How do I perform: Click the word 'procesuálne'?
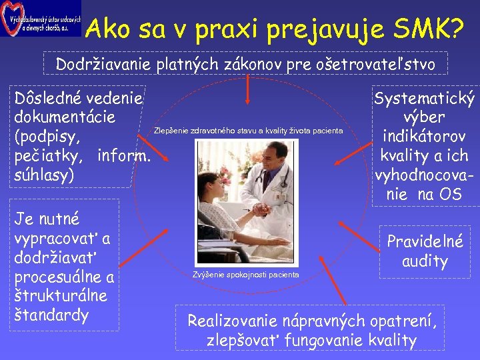point(63,277)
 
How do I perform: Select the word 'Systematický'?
point(425,99)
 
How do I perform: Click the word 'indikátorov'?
point(425,137)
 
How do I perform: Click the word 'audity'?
point(425,261)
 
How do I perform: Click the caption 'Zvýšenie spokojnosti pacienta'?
point(245,274)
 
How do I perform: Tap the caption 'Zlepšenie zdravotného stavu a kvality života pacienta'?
point(248,130)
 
